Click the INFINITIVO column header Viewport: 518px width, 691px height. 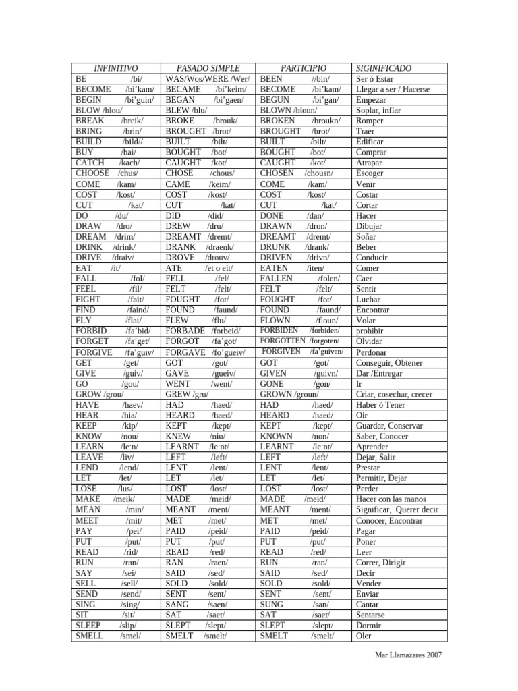coord(115,68)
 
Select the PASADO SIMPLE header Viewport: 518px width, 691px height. coord(208,68)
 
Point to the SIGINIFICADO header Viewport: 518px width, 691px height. coord(383,68)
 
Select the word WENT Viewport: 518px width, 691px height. coord(178,383)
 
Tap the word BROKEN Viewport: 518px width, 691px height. coord(276,121)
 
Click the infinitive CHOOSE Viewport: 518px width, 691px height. coord(92,173)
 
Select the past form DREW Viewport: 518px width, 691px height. coord(178,226)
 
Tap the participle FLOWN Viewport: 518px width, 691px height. coord(276,321)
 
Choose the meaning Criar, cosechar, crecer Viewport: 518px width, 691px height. coord(395,394)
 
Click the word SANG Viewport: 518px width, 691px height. coord(177,604)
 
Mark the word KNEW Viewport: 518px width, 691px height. coord(177,436)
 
